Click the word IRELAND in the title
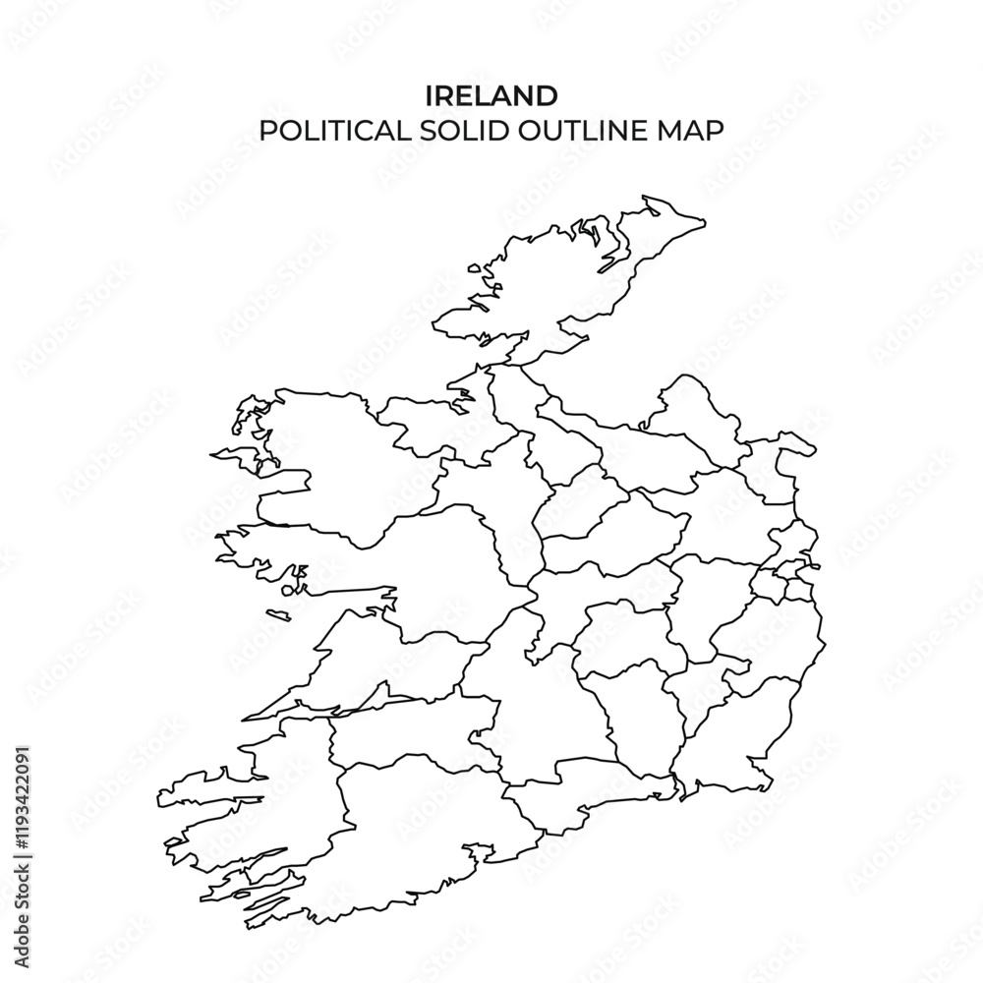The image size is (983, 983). (491, 95)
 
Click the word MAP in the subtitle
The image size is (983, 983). (689, 131)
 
